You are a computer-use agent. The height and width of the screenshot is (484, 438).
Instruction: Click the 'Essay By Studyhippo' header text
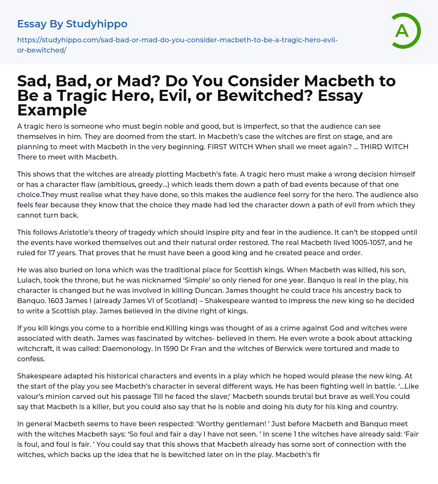tap(72, 24)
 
